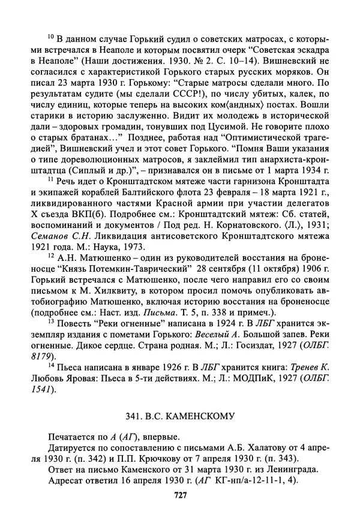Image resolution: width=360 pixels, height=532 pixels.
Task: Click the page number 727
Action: point(181,495)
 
